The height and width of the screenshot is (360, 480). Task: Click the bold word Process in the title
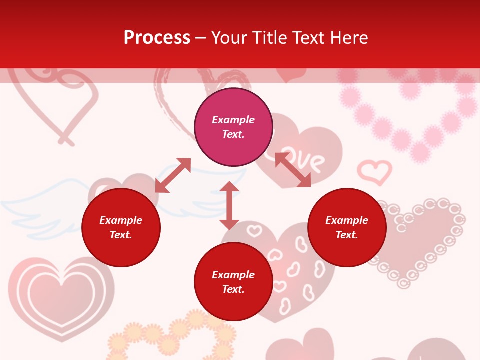click(x=157, y=38)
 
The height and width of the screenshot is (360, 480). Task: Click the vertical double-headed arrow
click(x=229, y=205)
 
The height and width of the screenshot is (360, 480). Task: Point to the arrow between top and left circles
click(x=173, y=175)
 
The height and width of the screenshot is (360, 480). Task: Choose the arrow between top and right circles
click(x=293, y=170)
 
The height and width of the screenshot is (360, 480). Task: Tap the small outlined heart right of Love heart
click(x=375, y=171)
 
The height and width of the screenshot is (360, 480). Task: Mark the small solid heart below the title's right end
click(x=291, y=75)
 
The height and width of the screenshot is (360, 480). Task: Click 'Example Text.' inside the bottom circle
click(x=233, y=282)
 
